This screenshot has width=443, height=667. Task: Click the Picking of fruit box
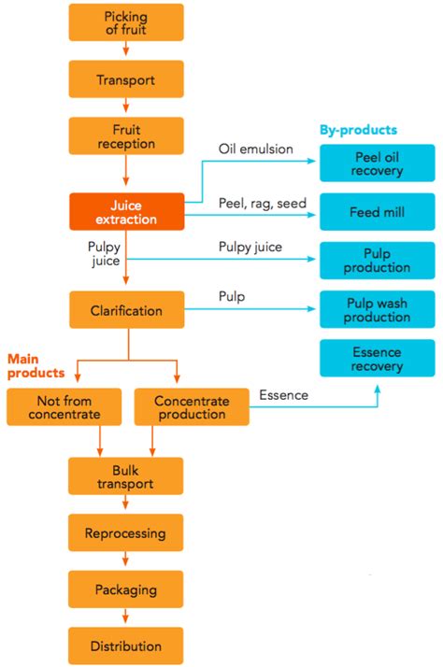point(126,22)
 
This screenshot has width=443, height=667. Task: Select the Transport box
point(126,79)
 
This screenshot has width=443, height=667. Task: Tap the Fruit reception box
point(126,135)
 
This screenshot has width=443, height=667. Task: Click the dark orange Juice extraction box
point(126,212)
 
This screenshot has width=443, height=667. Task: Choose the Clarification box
point(126,309)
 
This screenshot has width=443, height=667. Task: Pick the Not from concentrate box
point(53,407)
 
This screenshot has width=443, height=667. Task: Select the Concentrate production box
point(192,407)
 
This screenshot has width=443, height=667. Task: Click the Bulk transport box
point(126,476)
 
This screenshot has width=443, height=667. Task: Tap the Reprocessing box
point(126,533)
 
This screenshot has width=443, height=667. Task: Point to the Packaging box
point(126,589)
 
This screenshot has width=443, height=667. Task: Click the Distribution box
point(126,646)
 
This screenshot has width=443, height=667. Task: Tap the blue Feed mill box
point(379,212)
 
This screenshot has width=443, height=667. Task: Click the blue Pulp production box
point(379,261)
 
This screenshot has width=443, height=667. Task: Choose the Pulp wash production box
point(379,309)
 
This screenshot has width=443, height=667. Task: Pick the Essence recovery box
point(379,359)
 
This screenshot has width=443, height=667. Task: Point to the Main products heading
point(36,365)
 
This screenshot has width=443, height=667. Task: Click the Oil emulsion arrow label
point(255,149)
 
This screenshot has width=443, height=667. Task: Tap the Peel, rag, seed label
point(260,202)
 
